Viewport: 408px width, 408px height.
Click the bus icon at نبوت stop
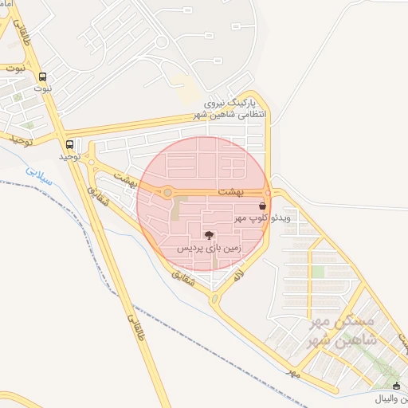point(42,77)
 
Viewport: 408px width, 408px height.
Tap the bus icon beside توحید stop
point(71,145)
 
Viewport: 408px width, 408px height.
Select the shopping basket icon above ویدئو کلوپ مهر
point(262,205)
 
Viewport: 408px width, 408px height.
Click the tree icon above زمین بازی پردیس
point(209,235)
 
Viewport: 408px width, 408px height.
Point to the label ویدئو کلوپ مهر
point(266,217)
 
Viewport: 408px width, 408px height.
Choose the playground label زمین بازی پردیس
point(209,249)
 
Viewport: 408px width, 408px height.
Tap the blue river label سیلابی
point(37,175)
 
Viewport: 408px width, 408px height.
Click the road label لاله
point(237,276)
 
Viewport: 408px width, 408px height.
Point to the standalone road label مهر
point(294,373)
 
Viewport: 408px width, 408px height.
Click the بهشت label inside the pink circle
point(229,182)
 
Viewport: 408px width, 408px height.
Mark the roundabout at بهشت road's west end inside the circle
point(168,193)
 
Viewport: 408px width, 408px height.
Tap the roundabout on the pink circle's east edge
point(268,194)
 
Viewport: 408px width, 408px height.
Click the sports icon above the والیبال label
point(397,386)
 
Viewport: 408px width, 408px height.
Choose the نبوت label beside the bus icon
point(42,88)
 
